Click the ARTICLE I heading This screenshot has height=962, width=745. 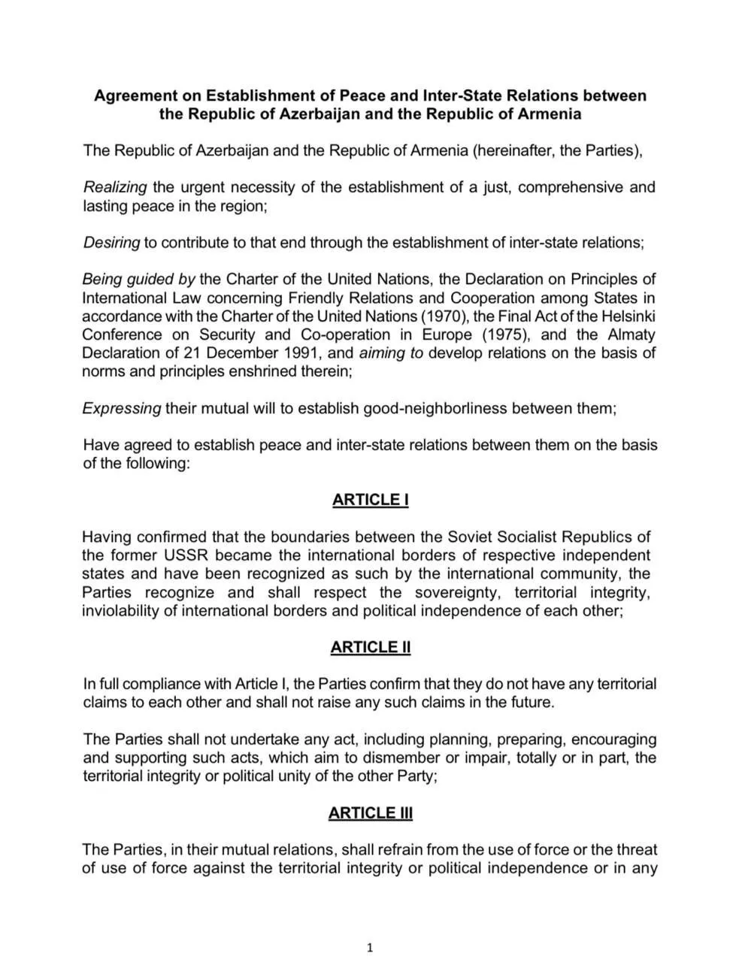click(x=371, y=500)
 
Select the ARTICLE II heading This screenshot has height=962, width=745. click(x=371, y=647)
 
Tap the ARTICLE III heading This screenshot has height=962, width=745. click(x=371, y=812)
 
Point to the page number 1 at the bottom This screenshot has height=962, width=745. click(x=369, y=948)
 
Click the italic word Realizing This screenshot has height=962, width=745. click(x=115, y=187)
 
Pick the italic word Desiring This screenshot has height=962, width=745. click(x=111, y=242)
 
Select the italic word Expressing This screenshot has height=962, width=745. click(x=122, y=408)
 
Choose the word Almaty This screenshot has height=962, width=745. click(x=628, y=334)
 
